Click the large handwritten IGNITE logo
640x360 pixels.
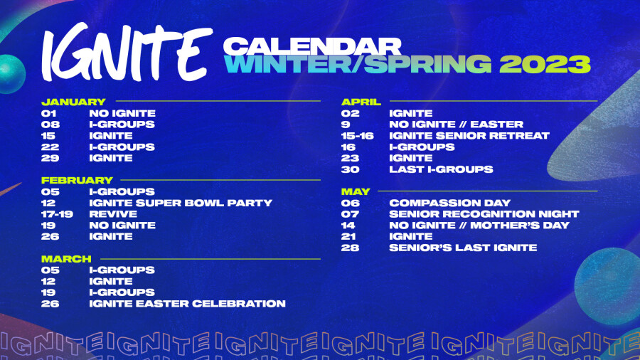click(127, 52)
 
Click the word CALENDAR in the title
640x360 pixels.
click(312, 46)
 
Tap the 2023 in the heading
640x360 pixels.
click(545, 64)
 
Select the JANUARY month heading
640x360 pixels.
click(73, 102)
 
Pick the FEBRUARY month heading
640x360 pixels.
click(77, 180)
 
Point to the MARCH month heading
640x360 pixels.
click(66, 259)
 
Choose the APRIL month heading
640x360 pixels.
click(361, 102)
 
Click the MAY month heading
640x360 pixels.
click(356, 191)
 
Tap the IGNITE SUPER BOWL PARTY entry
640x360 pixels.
click(181, 203)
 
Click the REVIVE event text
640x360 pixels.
click(113, 214)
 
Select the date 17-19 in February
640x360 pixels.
click(57, 214)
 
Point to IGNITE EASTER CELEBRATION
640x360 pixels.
click(187, 304)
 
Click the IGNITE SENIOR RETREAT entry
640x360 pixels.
click(469, 135)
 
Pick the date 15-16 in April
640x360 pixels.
click(358, 135)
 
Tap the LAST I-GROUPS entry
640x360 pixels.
click(441, 169)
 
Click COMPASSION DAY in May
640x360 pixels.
click(450, 203)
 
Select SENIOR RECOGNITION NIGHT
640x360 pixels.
click(484, 214)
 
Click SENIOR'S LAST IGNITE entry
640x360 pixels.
click(463, 248)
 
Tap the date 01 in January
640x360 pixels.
click(48, 113)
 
